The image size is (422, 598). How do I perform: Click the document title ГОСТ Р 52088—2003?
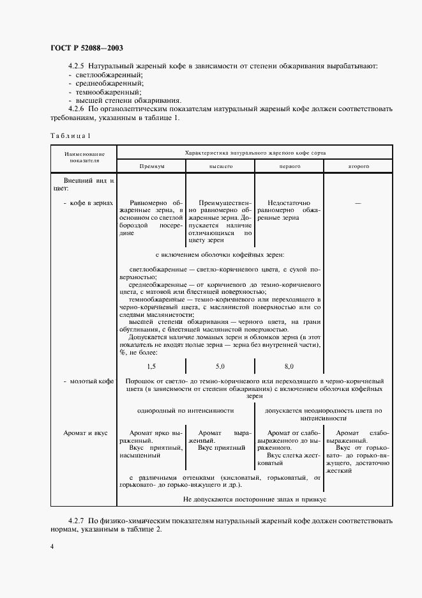click(86, 48)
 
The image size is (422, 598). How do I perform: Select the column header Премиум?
click(152, 165)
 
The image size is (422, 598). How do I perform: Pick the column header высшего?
click(220, 165)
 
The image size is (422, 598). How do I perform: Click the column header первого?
click(289, 165)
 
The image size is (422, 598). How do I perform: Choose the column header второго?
click(358, 165)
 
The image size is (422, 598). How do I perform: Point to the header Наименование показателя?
click(80, 157)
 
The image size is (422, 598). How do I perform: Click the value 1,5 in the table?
click(151, 366)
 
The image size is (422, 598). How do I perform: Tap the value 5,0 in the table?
click(220, 366)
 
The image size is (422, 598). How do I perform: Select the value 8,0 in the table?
click(289, 366)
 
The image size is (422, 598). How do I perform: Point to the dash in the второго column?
click(358, 203)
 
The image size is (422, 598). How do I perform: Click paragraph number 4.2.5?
click(76, 66)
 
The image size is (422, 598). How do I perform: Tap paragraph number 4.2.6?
click(76, 109)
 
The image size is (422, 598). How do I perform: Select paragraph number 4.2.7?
click(76, 513)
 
